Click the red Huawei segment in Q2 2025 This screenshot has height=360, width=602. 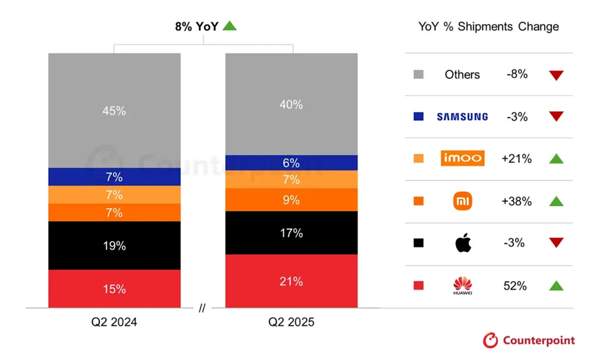(x=291, y=281)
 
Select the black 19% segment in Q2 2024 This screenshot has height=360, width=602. (x=114, y=245)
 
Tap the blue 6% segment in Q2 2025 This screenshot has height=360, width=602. (x=291, y=163)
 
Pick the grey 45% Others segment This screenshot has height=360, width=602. (x=114, y=111)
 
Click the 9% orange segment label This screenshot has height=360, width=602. (x=291, y=200)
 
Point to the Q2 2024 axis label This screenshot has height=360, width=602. (x=115, y=322)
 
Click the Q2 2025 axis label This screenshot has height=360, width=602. (x=291, y=322)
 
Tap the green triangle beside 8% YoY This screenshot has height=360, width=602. (x=229, y=26)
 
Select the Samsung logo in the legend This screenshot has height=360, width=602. (x=462, y=116)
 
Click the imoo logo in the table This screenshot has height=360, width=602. (x=462, y=158)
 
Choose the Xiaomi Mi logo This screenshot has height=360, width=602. (x=463, y=201)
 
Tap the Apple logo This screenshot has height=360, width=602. (x=463, y=243)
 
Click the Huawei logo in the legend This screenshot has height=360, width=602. (x=463, y=286)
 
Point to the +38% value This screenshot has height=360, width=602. (x=516, y=201)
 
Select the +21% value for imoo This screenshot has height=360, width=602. (x=516, y=159)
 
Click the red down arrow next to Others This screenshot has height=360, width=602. (x=556, y=75)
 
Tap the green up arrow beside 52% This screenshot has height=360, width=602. (x=556, y=286)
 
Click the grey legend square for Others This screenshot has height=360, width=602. (x=419, y=75)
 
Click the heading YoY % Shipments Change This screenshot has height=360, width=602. (x=489, y=26)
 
